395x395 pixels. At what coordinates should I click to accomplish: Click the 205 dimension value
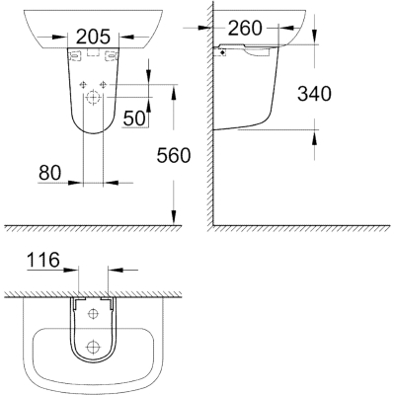tap(93, 38)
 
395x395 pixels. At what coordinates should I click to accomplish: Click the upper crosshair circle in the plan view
tap(94, 313)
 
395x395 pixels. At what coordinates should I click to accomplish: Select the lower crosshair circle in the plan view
tap(94, 347)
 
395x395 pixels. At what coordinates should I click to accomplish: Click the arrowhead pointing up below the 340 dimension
tap(317, 133)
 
